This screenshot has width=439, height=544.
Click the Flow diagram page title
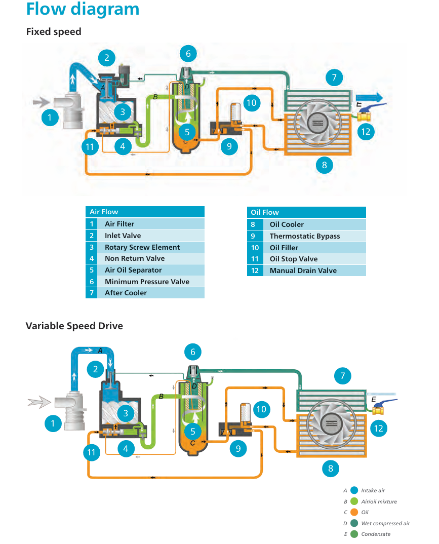pos(83,9)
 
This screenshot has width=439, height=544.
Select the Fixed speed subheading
pos(54,32)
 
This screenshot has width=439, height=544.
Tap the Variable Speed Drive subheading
pos(74,326)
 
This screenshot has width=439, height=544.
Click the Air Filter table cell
pos(119,224)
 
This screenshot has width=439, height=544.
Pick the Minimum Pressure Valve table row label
pos(147,282)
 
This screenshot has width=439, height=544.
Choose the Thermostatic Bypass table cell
pos(304,236)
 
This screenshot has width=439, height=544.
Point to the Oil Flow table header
pos(265,212)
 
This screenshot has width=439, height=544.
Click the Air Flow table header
pos(104,212)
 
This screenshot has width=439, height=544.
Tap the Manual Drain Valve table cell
pos(303,270)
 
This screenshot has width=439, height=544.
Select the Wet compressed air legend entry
pos(385,523)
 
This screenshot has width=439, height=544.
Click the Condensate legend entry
pos(376,534)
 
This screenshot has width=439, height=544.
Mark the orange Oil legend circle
pos(354,512)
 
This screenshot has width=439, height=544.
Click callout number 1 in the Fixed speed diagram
pos(50,119)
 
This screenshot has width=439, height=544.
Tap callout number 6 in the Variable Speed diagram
pos(192,352)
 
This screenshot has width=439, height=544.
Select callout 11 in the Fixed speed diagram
pos(90,147)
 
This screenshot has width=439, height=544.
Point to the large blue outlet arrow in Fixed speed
pos(369,98)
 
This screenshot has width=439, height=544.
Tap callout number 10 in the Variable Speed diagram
pos(261,409)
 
